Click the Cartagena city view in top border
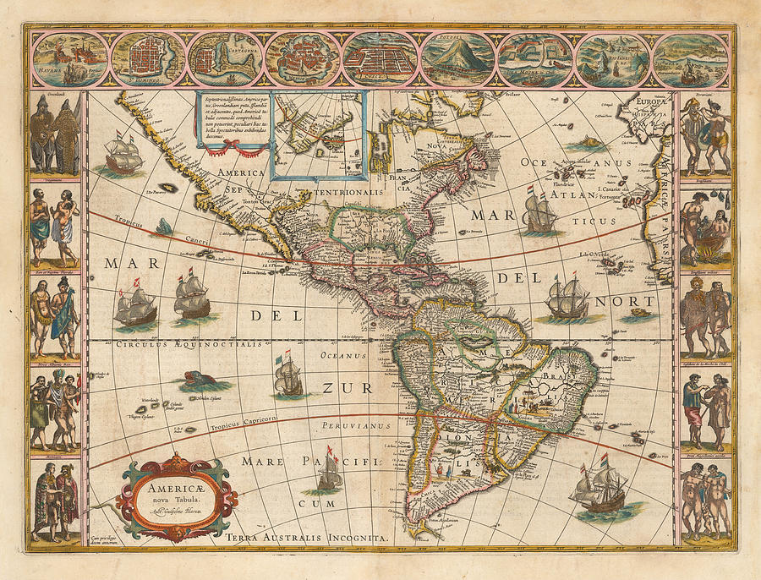(x=223, y=58)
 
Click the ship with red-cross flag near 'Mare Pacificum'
(x=330, y=475)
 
